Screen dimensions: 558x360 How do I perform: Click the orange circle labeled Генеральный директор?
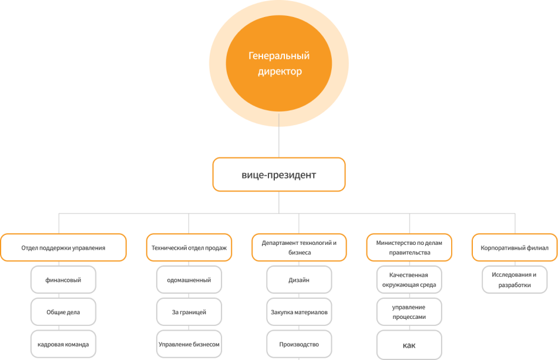point(279,63)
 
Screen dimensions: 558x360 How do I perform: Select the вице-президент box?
point(279,174)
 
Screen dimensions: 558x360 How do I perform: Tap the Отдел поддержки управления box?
point(63,248)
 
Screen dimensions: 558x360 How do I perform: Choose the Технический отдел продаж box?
point(189,248)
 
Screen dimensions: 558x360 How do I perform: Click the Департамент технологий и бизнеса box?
point(299,248)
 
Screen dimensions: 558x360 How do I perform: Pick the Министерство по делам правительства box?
point(409,248)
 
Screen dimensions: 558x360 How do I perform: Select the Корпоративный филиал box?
point(515,248)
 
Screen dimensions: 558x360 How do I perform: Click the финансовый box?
point(63,280)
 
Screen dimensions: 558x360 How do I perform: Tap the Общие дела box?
point(63,312)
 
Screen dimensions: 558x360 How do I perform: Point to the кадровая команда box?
point(63,344)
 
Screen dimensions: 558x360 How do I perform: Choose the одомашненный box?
point(189,280)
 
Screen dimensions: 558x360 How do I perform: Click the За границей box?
point(189,312)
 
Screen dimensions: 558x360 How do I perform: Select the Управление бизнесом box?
point(189,344)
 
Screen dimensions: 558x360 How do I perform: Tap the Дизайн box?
point(299,280)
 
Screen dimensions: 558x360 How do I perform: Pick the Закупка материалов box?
point(299,312)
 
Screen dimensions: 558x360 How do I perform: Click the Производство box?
point(299,344)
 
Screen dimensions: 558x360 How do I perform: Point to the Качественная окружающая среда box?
point(409,280)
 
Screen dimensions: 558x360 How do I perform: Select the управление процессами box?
point(409,312)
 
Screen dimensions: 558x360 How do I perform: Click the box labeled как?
point(409,345)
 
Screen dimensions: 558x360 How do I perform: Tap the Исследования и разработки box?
point(515,280)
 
